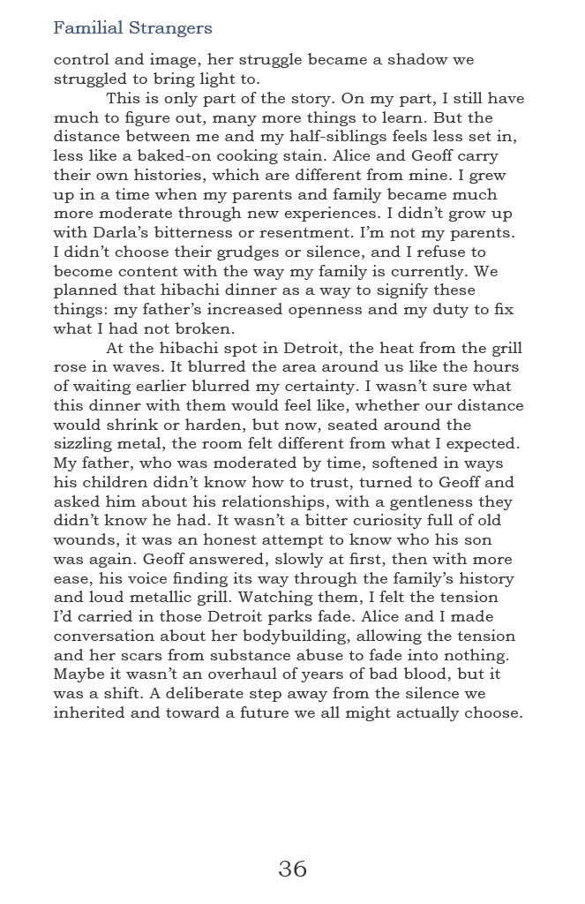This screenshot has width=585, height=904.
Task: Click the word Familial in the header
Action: click(x=85, y=28)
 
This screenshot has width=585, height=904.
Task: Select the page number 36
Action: click(x=292, y=869)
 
